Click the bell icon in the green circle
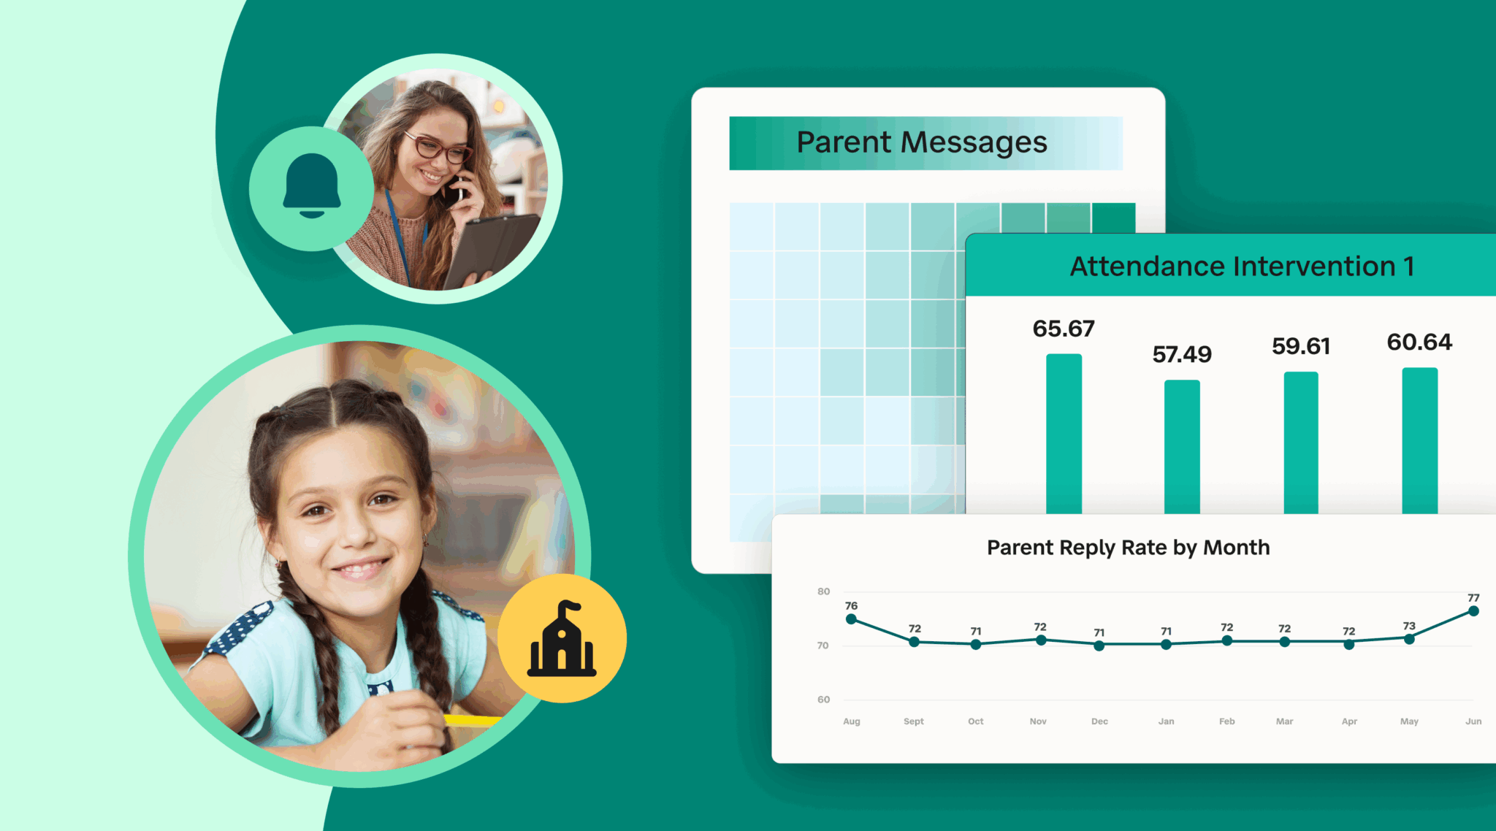click(x=312, y=185)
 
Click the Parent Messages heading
click(x=922, y=142)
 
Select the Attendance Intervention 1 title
click(x=1243, y=267)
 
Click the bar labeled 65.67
click(x=1064, y=434)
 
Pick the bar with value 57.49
click(x=1182, y=447)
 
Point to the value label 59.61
click(x=1301, y=346)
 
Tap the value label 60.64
click(x=1419, y=342)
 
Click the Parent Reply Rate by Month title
click(x=1129, y=548)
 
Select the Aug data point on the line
click(x=851, y=619)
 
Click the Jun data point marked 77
click(x=1473, y=611)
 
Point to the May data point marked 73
click(x=1409, y=639)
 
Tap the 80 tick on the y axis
click(x=823, y=591)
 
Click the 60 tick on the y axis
click(x=823, y=700)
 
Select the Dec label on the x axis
click(x=1099, y=721)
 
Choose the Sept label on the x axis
click(x=914, y=721)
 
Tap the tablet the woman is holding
click(x=492, y=248)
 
